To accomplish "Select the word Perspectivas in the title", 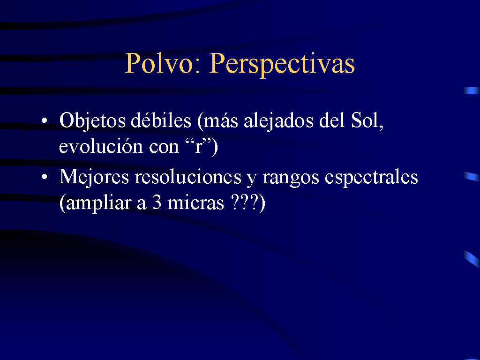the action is (282, 65).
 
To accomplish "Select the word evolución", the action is (101, 146).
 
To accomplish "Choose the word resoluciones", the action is (188, 177).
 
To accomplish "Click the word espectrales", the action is (371, 178).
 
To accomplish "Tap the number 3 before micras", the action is (157, 203).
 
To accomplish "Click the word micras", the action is (195, 202).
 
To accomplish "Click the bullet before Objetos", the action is (45, 120).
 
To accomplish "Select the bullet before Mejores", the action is (45, 177).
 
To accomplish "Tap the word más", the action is (221, 120).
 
